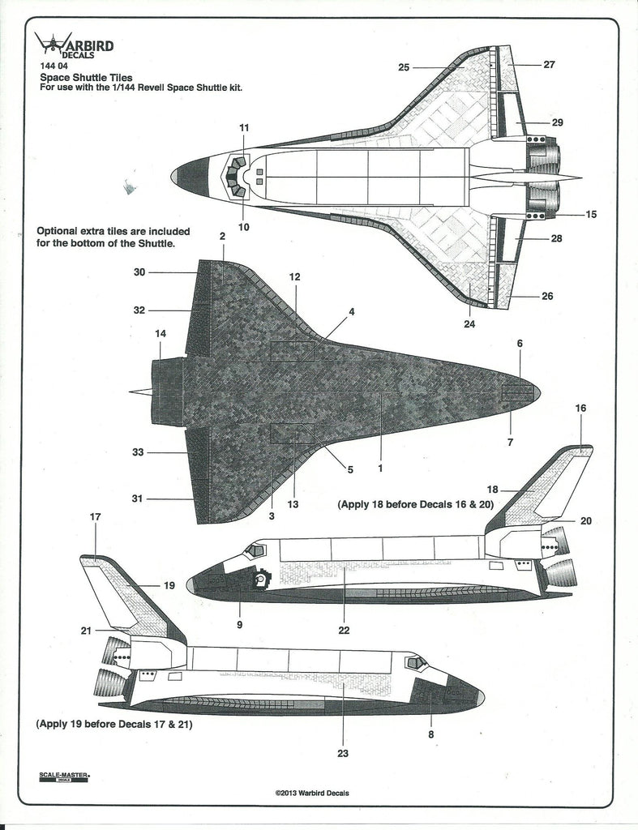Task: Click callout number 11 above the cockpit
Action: tap(244, 127)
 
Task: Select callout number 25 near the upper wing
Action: tap(405, 67)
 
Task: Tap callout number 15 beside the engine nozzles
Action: tap(591, 214)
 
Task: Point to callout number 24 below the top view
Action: tap(469, 324)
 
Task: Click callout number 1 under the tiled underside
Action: tap(380, 468)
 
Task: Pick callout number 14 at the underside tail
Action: tap(161, 333)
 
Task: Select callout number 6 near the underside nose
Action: tap(520, 344)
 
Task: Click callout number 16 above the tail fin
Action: tap(580, 408)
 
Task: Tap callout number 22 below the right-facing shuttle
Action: tap(344, 630)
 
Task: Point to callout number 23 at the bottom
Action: tap(343, 754)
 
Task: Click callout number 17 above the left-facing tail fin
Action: tap(95, 516)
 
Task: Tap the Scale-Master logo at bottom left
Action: tap(65, 777)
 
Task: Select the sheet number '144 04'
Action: tap(54, 66)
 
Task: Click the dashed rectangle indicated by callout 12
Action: tap(292, 351)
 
